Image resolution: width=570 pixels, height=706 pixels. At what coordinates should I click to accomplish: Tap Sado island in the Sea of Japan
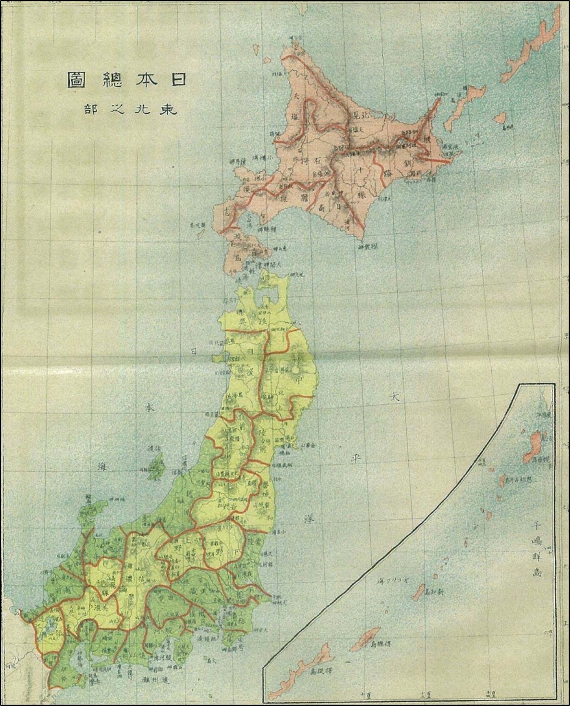[156, 466]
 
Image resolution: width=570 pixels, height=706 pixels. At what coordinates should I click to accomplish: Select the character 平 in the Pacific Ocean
[357, 456]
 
